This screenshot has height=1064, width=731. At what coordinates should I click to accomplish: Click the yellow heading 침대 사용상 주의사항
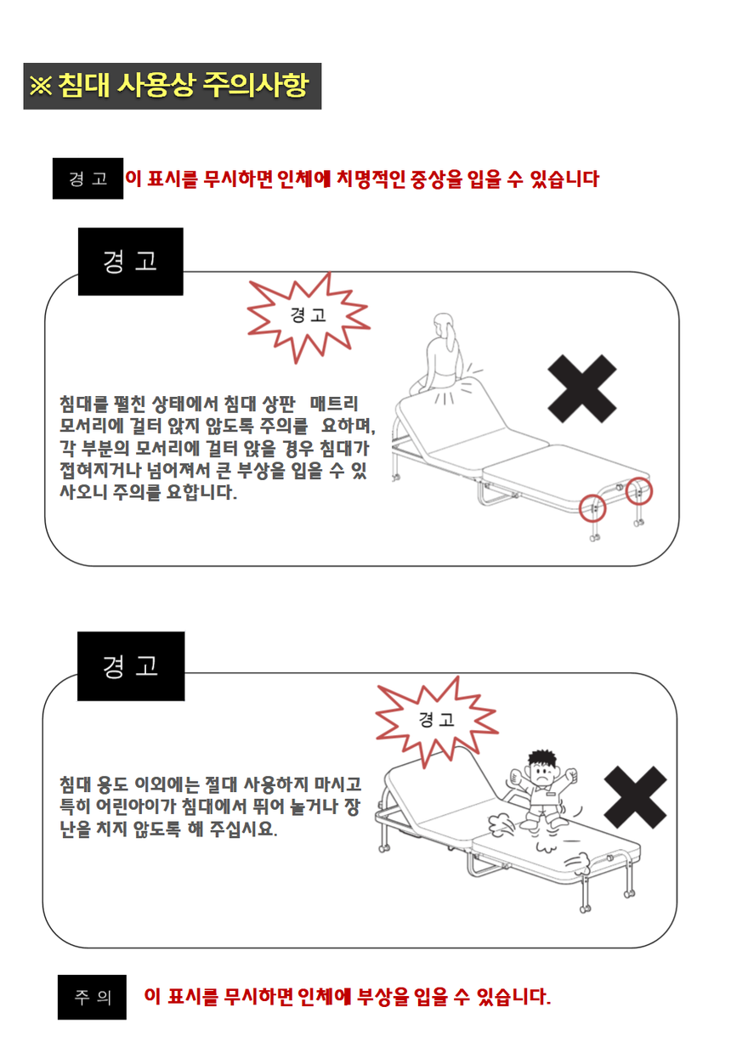tap(184, 86)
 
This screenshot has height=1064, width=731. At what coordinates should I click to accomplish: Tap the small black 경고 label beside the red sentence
tap(88, 178)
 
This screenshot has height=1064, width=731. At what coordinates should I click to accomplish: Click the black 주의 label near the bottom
tap(92, 997)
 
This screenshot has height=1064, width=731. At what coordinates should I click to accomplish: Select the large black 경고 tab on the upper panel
tap(131, 262)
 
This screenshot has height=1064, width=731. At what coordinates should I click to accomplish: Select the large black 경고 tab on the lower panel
tap(131, 666)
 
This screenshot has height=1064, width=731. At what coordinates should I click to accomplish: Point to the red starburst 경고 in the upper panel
tap(309, 317)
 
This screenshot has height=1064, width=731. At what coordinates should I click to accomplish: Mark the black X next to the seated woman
tap(582, 388)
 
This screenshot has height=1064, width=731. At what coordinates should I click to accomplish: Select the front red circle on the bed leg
tap(592, 508)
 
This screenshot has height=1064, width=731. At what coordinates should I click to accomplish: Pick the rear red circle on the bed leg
tap(639, 491)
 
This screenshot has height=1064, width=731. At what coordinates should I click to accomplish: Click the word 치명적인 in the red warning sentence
tap(371, 179)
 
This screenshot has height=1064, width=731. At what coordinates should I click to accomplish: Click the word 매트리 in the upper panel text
tap(334, 404)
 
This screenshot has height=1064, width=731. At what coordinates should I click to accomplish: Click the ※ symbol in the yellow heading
tap(41, 86)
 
